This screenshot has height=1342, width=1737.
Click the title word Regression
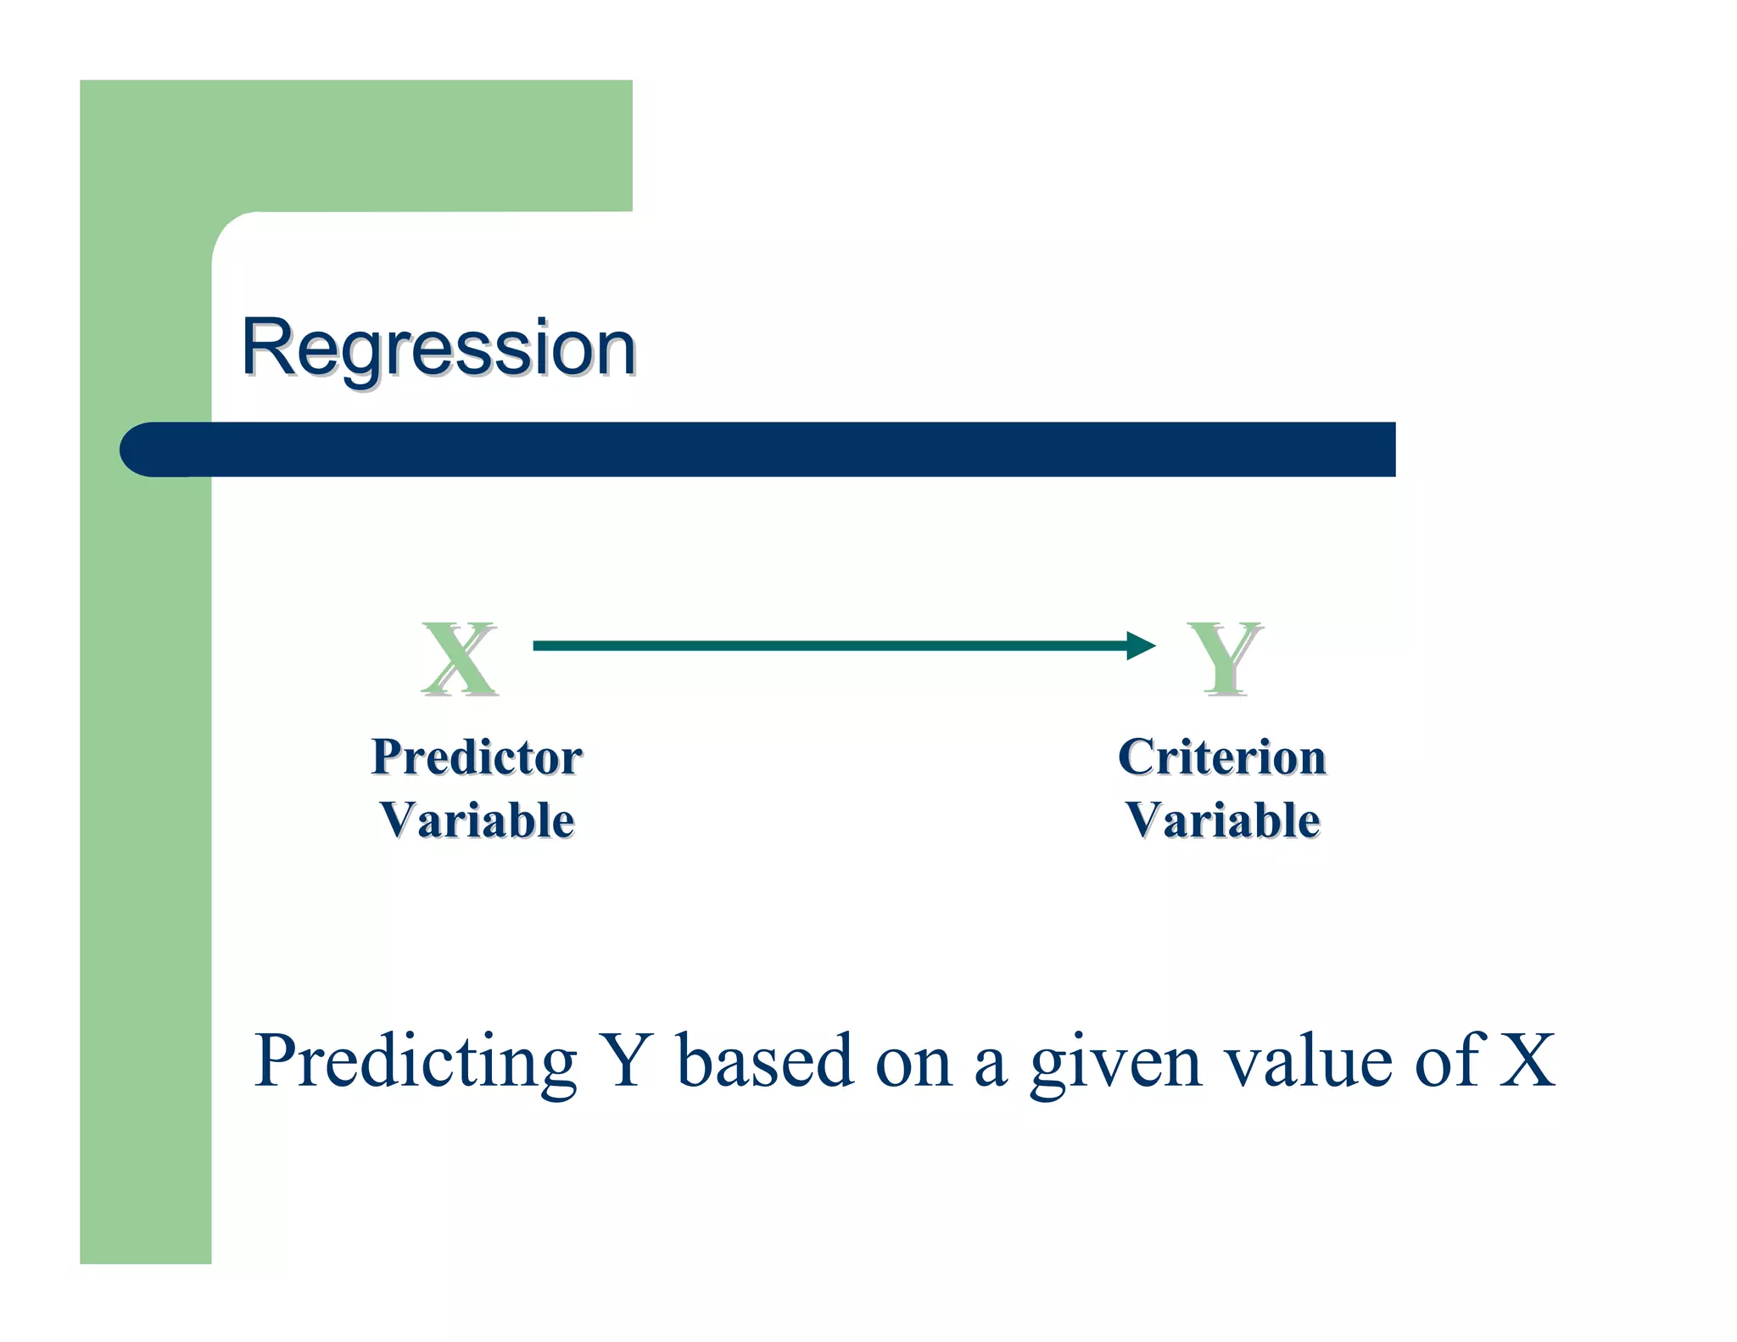pos(438,348)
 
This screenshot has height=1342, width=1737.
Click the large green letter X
pos(459,658)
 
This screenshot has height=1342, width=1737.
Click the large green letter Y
pos(1224,658)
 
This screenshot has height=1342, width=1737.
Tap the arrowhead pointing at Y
pos(1140,646)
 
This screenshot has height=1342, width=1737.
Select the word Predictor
pos(477,758)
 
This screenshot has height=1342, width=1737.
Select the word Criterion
pos(1221,758)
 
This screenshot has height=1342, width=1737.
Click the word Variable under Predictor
pos(477,820)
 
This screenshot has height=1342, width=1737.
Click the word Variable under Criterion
pos(1222,820)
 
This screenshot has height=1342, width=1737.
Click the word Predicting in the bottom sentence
pos(415,1062)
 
